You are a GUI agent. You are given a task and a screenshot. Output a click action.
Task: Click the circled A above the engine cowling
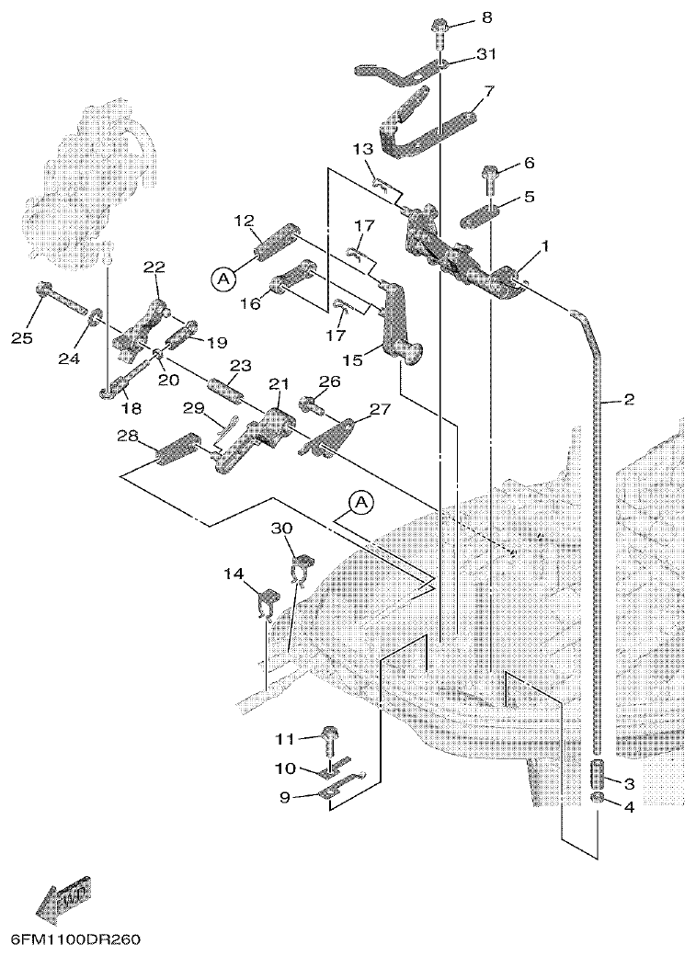361,502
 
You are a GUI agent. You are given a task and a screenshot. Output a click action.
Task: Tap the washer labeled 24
95,318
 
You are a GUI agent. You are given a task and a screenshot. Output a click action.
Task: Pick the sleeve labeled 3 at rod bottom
598,773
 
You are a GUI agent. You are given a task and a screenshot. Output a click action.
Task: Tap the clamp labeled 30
302,567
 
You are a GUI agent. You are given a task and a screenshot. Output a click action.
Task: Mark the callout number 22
154,267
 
